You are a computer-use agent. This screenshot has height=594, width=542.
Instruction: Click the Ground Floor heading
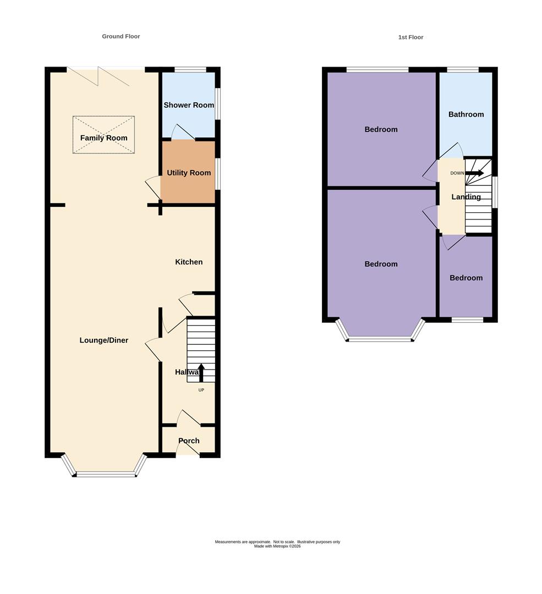(121, 36)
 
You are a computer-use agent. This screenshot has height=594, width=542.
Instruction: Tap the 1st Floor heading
(410, 37)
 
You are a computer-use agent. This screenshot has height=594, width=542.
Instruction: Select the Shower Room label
(189, 105)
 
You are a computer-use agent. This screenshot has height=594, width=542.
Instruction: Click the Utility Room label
(189, 173)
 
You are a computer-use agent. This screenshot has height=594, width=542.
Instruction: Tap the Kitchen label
(189, 262)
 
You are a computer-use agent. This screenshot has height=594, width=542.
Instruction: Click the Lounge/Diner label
(104, 340)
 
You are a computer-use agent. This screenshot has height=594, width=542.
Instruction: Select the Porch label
(189, 441)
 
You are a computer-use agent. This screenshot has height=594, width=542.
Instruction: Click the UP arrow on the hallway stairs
(201, 373)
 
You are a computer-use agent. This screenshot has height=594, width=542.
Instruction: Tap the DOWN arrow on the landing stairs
(474, 173)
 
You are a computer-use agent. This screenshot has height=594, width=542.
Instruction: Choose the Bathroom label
(466, 114)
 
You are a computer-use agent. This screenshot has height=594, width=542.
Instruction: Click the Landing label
(466, 197)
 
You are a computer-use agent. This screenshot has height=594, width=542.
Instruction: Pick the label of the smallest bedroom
(466, 278)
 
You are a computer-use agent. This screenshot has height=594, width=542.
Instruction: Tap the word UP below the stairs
(201, 390)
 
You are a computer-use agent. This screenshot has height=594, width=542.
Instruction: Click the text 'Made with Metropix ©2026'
(277, 546)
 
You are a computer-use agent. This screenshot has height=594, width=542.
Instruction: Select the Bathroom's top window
(463, 69)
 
